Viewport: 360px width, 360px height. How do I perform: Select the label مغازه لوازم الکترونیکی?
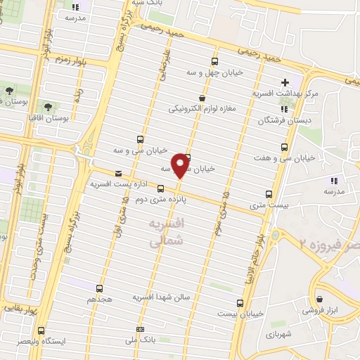point(203,109)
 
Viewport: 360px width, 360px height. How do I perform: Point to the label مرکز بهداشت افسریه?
point(286,93)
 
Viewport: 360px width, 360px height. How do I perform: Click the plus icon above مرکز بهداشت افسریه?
point(285,82)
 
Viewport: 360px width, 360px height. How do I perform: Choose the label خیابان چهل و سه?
point(214,72)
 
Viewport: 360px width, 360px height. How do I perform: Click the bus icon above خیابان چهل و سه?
point(214,62)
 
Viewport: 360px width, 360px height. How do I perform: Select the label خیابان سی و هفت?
point(285,158)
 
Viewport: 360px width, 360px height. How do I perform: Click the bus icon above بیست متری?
point(269,195)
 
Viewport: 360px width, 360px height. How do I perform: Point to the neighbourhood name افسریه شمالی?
point(166,232)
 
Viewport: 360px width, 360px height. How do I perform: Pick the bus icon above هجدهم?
point(98,288)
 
